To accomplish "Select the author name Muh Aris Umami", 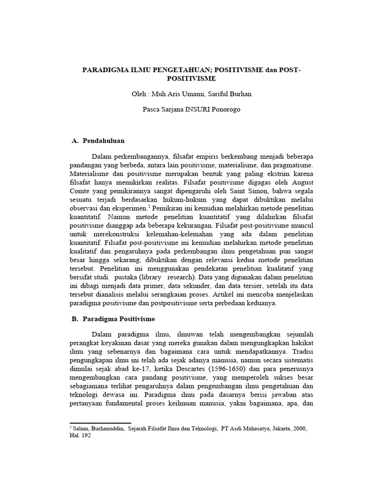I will point(176,94).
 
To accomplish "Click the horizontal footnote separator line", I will point(100,422).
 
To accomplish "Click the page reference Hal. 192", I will point(80,436).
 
